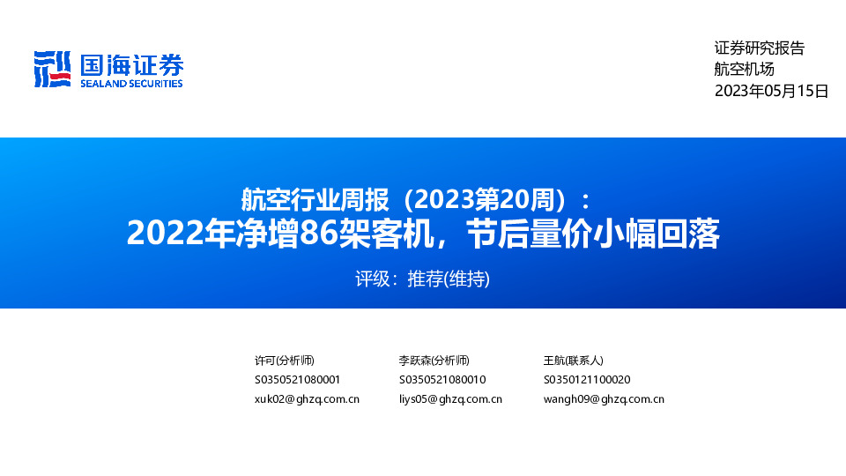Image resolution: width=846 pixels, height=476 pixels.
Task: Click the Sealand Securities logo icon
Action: (51, 69)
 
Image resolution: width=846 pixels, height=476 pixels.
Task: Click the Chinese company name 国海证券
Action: (131, 63)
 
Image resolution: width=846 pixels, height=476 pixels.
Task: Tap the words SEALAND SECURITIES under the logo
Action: (131, 84)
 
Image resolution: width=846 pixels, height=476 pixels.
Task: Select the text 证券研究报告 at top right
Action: (759, 49)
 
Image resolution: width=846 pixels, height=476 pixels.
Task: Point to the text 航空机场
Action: (744, 70)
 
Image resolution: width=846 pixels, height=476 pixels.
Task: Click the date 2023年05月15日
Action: (771, 91)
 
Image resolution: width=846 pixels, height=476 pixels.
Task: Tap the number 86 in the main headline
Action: (318, 234)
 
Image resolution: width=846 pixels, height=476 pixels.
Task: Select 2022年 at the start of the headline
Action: (173, 234)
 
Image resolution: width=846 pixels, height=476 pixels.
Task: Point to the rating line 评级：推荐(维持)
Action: (422, 279)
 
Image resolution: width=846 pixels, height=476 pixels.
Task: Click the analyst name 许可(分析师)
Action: (284, 361)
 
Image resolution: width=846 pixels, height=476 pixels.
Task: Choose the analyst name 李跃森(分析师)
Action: (434, 361)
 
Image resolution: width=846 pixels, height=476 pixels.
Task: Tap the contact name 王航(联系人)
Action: (574, 361)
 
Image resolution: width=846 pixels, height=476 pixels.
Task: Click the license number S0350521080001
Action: (297, 380)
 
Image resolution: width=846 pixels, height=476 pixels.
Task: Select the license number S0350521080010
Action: (442, 380)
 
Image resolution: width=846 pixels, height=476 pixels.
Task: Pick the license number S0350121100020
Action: (587, 380)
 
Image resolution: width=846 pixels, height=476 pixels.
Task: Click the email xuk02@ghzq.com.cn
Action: (307, 399)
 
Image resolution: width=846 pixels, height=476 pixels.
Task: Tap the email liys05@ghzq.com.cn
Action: (450, 399)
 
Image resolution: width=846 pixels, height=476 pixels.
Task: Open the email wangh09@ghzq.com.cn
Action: (604, 399)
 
